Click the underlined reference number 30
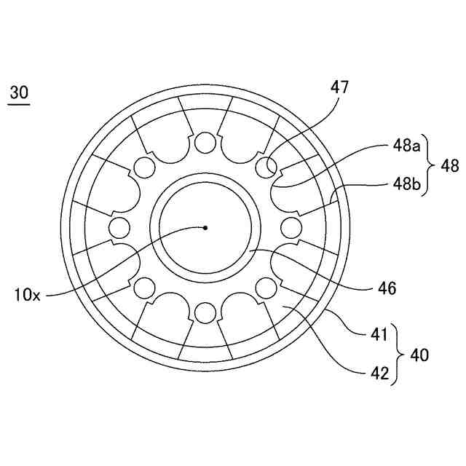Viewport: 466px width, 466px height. click(x=19, y=93)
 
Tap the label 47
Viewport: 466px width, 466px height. click(x=339, y=89)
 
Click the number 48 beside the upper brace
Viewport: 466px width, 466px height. click(x=449, y=166)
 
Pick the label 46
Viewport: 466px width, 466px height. click(x=387, y=289)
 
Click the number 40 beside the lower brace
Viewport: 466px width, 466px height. click(x=420, y=355)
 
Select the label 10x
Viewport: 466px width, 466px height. click(x=27, y=295)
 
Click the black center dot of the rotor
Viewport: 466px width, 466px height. click(x=205, y=227)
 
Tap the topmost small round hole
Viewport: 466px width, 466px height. click(x=206, y=141)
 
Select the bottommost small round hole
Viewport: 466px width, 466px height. click(x=206, y=313)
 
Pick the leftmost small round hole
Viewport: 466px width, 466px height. click(x=119, y=227)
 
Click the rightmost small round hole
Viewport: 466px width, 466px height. click(x=292, y=227)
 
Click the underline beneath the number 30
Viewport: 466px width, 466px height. click(x=19, y=105)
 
